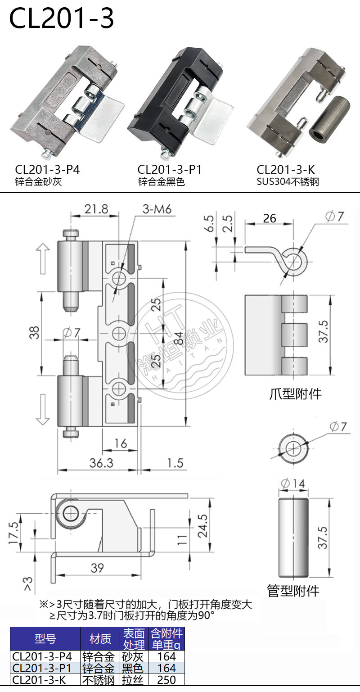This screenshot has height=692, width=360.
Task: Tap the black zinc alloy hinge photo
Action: (180, 104)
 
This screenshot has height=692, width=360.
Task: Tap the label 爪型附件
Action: (295, 394)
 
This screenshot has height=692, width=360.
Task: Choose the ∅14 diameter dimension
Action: (292, 484)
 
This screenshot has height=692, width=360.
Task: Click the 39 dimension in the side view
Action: (97, 568)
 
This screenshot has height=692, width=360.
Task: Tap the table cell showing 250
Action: (166, 680)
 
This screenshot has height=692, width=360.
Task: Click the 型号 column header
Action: (45, 638)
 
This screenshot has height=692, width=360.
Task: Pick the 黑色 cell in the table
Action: (133, 668)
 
